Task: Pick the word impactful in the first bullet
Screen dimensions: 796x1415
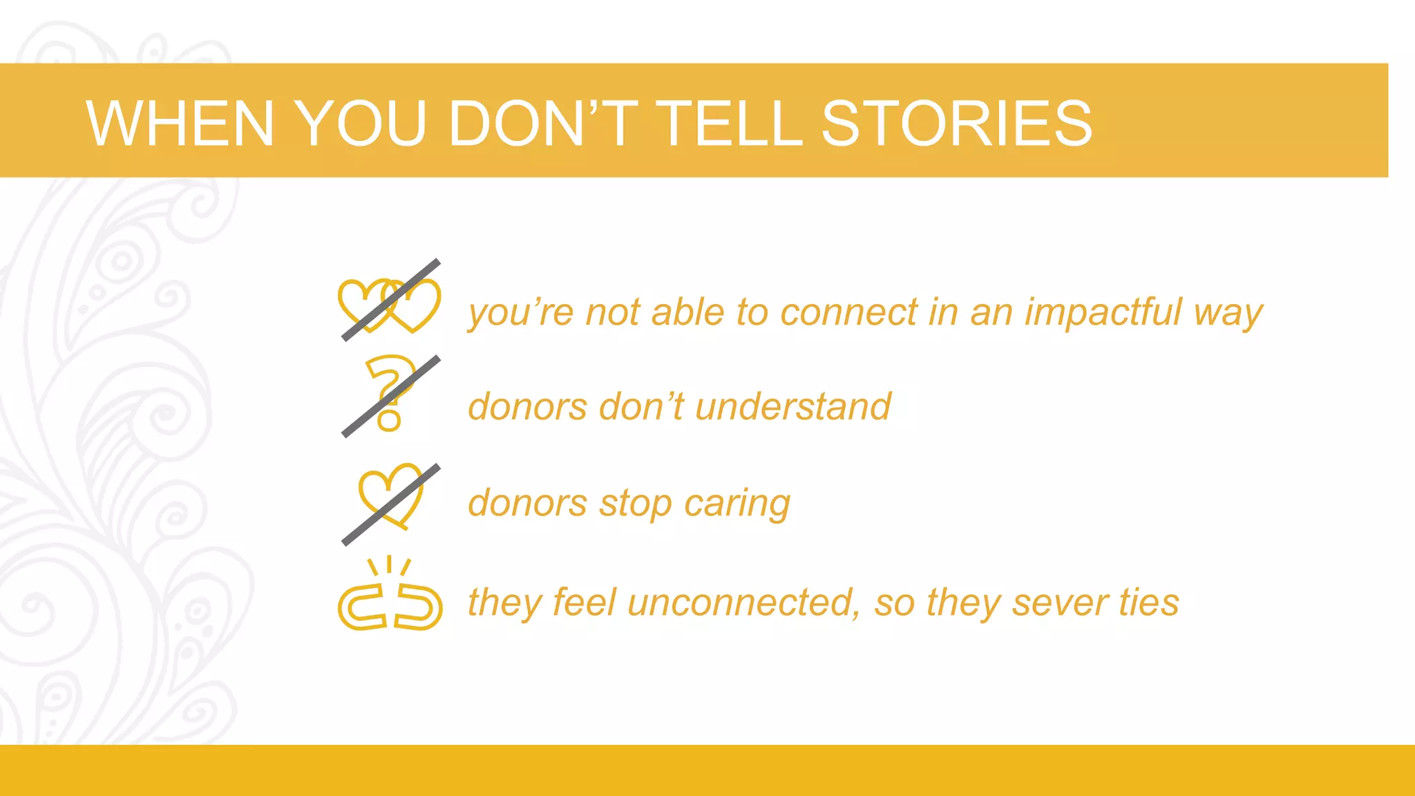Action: [1103, 312]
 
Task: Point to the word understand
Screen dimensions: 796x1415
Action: [793, 406]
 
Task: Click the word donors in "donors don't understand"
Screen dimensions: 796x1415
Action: [527, 406]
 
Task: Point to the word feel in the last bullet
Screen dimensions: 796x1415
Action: [584, 603]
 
